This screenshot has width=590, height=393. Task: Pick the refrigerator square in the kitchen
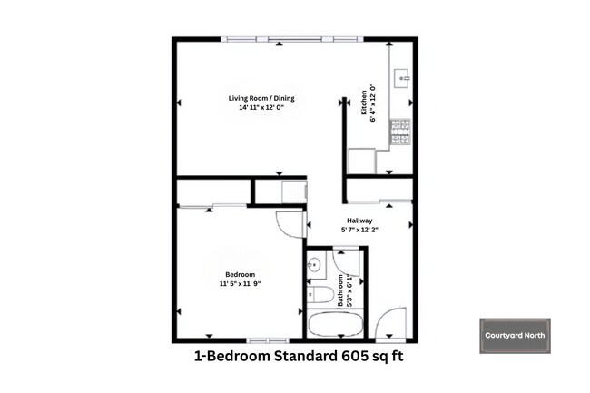(x=362, y=161)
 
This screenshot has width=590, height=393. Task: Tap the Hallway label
(x=359, y=220)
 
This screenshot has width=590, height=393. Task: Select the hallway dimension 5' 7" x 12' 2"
(x=359, y=230)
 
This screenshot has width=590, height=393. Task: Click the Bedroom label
(x=240, y=274)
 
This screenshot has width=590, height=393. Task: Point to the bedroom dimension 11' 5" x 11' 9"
(x=240, y=284)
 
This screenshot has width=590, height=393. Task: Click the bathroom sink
(x=314, y=265)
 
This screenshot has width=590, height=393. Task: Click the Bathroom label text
(x=341, y=290)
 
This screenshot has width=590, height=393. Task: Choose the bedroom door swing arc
(x=289, y=224)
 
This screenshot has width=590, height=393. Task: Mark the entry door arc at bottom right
(x=392, y=324)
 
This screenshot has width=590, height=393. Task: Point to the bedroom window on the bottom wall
(x=251, y=339)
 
